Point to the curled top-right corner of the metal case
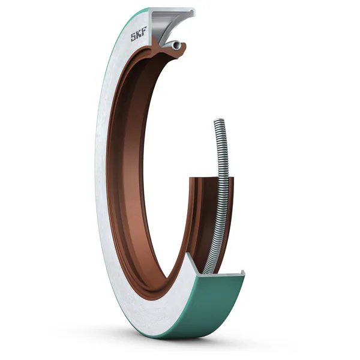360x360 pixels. (194, 12)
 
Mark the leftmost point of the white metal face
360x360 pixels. (95, 180)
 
